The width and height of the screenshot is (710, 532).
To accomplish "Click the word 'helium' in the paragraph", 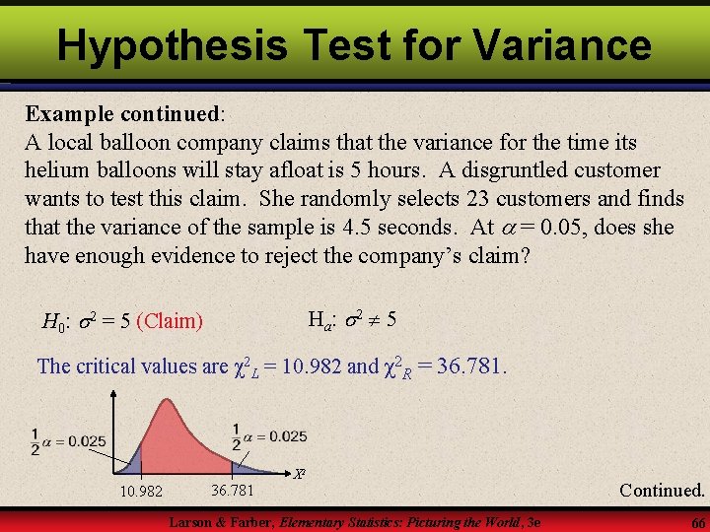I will coord(56,169).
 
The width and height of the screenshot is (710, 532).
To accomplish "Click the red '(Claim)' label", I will coord(170,320).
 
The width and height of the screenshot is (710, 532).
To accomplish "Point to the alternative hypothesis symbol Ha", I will coord(320,319).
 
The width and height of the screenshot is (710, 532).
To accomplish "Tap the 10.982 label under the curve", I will coord(141,491).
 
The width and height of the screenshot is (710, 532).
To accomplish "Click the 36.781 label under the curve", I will coord(233,490).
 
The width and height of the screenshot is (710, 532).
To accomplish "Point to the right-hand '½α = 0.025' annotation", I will coord(267,435).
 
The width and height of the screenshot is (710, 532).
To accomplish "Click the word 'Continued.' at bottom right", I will coord(662,490).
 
